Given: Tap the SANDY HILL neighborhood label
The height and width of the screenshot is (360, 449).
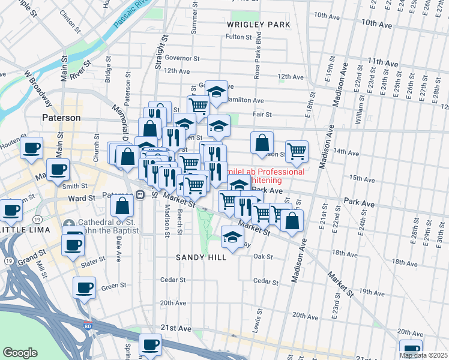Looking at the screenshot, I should [201, 257].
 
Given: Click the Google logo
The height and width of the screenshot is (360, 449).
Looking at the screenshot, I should [20, 352].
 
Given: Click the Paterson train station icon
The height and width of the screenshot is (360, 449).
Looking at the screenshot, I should [139, 195].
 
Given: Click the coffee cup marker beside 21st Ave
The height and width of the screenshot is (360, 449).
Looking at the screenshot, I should [150, 345].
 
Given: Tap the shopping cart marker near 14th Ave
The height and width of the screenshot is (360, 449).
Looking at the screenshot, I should [297, 152].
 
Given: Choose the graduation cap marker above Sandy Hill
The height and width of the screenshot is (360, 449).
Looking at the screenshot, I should [233, 237].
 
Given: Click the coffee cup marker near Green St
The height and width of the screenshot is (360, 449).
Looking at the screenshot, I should [84, 288].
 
